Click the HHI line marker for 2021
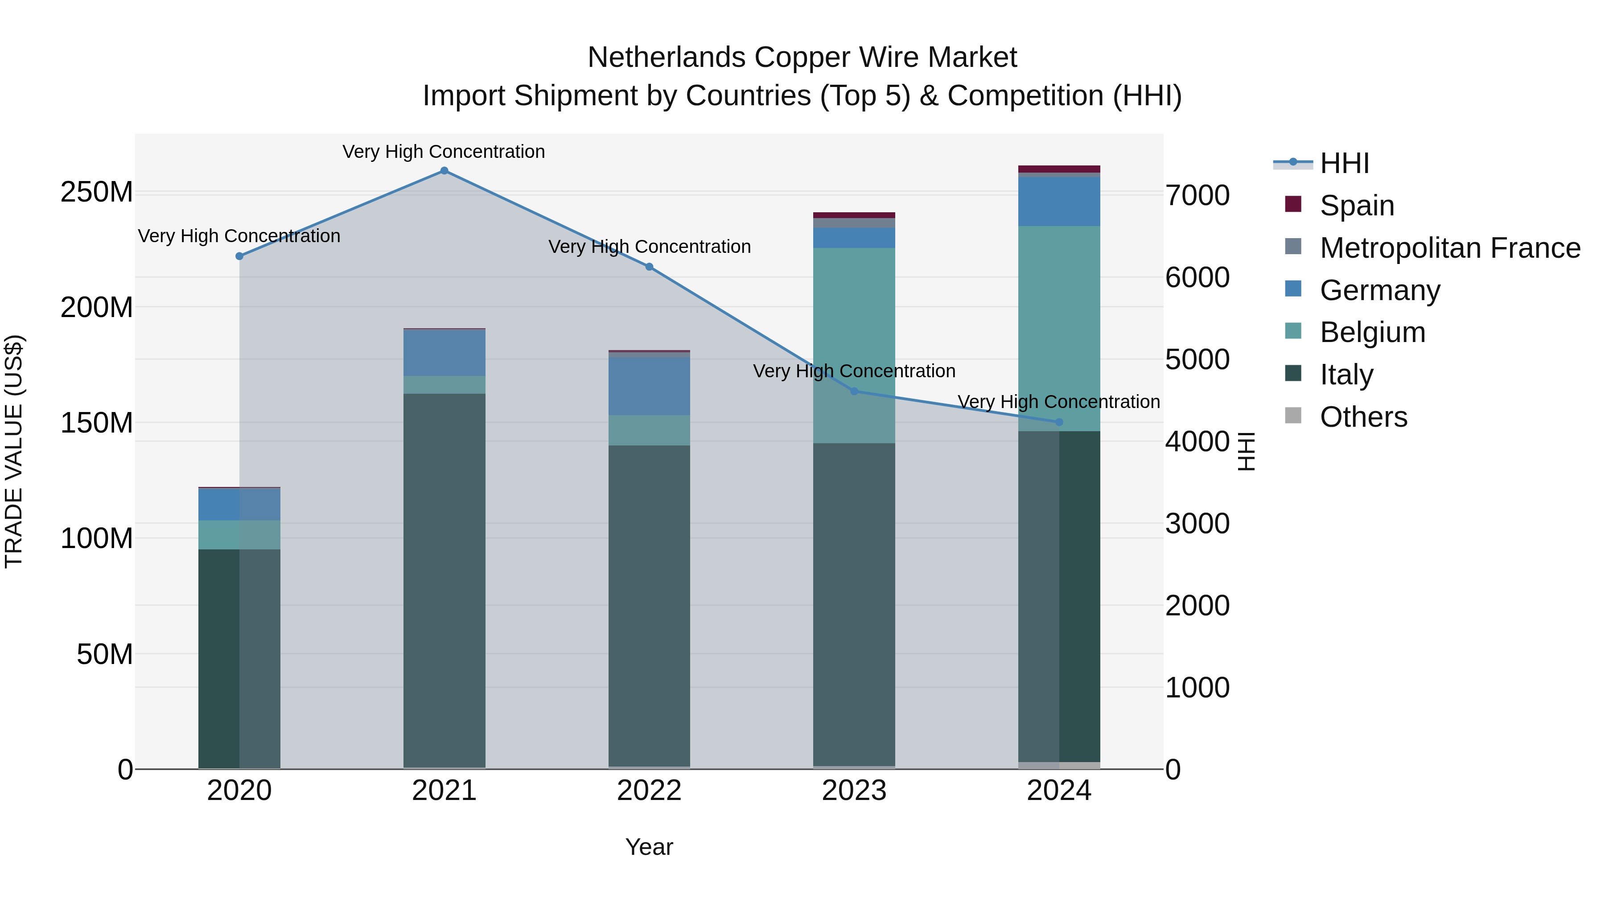(x=444, y=171)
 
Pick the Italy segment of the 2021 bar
(x=444, y=580)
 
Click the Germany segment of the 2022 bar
(x=649, y=386)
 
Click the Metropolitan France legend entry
(x=1449, y=248)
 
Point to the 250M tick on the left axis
(x=97, y=192)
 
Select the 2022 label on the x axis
(x=649, y=791)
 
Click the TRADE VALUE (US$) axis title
(x=14, y=451)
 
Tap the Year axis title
(x=649, y=847)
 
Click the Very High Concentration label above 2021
(x=444, y=152)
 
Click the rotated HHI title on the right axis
(x=1246, y=451)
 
